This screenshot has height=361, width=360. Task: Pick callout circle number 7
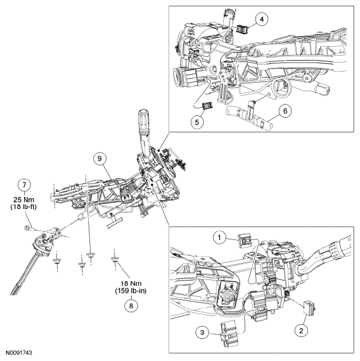[25, 184]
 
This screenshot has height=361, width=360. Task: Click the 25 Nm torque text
[25, 197]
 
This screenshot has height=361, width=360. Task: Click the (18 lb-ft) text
[25, 206]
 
